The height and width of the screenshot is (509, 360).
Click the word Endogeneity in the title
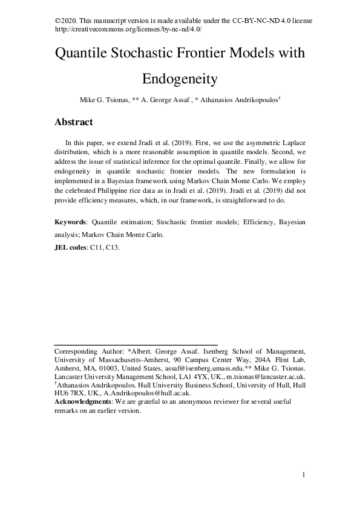(180, 79)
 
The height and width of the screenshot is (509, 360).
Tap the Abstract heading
(74, 122)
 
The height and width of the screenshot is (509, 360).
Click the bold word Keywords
(70, 222)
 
